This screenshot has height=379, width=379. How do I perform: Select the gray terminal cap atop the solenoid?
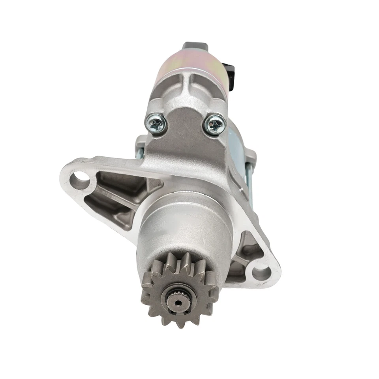[x=194, y=47]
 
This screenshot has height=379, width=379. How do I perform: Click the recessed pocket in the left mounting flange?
[x=118, y=189]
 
